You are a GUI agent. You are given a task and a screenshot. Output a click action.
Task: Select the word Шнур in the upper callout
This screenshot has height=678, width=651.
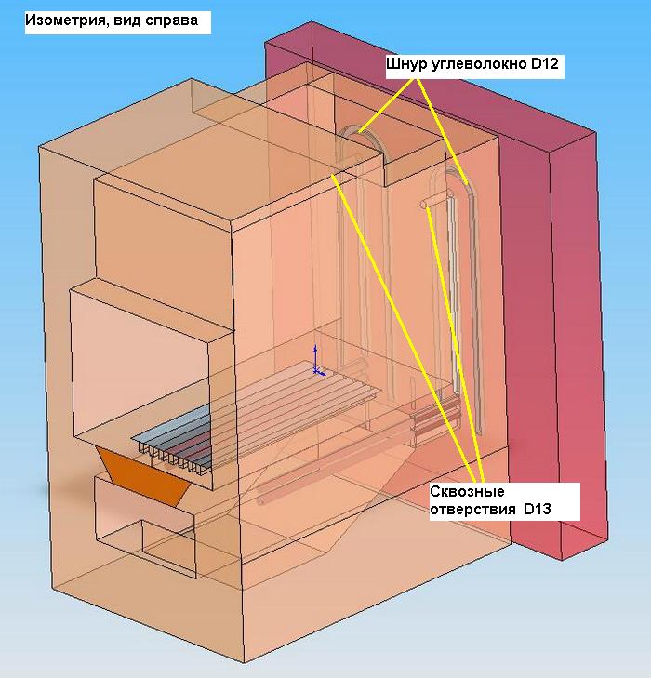click(405, 64)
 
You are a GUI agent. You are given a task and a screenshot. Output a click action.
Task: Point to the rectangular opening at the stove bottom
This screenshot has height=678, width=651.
click(167, 544)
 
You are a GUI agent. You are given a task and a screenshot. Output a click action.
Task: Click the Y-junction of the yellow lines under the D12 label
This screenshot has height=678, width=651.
click(416, 80)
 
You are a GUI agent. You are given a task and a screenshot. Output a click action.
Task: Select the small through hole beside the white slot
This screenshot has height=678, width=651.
click(426, 203)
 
